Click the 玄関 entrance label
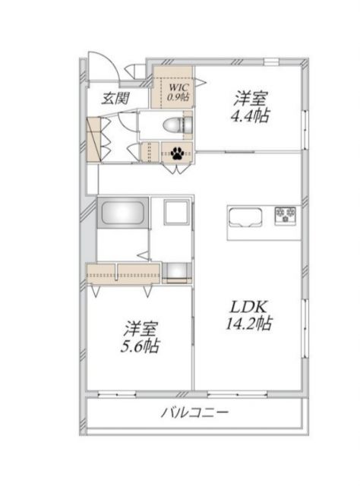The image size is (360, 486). tap(115, 97)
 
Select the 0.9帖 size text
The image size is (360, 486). tap(178, 97)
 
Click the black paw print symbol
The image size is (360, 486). tap(179, 152)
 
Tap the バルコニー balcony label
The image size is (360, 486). tap(194, 414)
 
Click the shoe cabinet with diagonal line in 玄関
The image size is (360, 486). tap(94, 140)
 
